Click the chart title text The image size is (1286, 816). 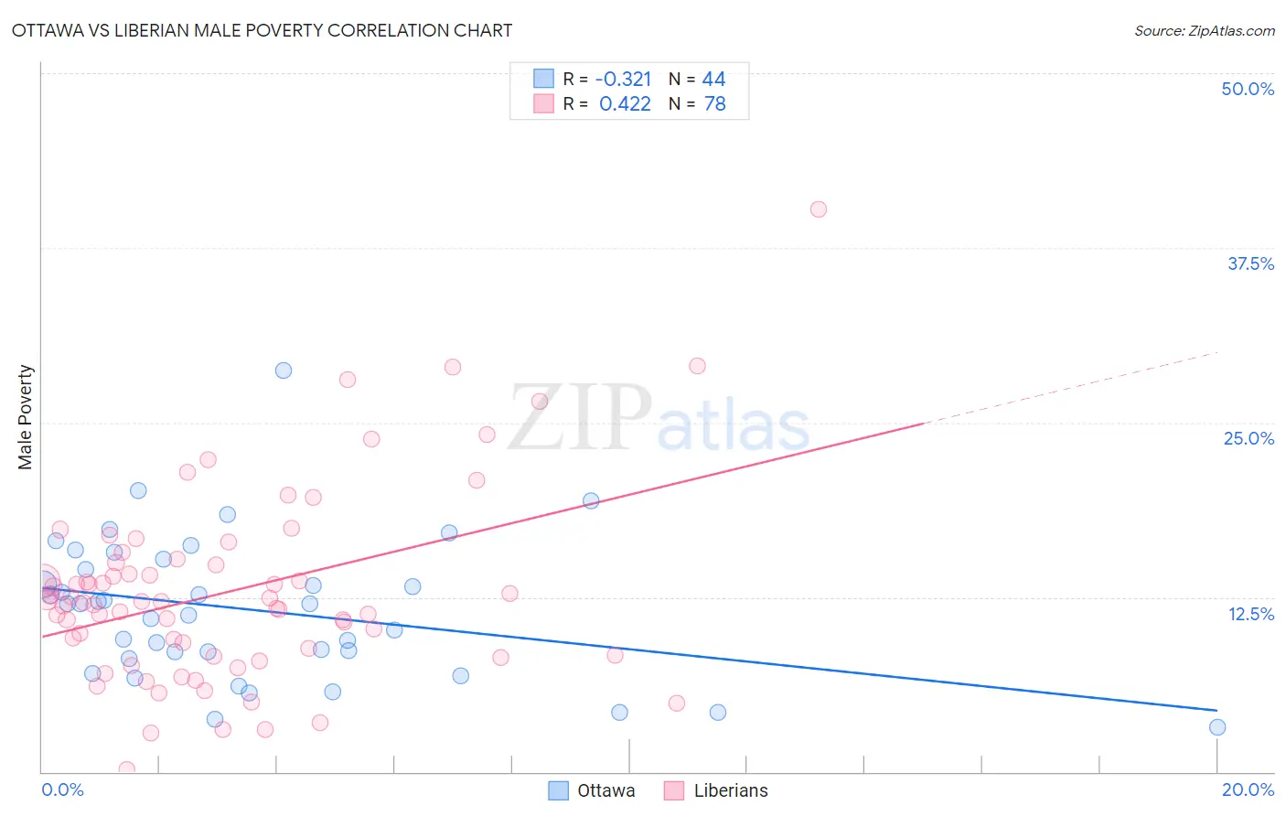tap(262, 30)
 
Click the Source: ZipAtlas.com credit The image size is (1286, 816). tap(1204, 30)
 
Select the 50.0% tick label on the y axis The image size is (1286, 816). tap(1248, 89)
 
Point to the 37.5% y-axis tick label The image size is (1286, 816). tap(1250, 263)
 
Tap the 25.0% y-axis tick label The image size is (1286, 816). tap(1248, 438)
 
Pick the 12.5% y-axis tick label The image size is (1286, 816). tap(1250, 614)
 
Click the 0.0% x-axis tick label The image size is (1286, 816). tap(62, 789)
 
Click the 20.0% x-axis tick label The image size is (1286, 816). tap(1248, 789)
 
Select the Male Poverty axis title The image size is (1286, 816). tap(26, 417)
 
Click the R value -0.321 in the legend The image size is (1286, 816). tap(623, 79)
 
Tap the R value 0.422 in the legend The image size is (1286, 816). tap(625, 103)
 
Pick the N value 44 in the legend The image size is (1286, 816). tap(713, 79)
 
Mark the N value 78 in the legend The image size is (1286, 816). tap(714, 103)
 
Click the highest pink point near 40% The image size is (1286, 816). tap(819, 209)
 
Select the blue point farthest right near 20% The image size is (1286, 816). tap(1217, 727)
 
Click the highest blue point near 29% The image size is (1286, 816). tap(284, 370)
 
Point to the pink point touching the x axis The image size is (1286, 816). tap(127, 769)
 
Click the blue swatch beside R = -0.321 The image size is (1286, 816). tap(544, 79)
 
